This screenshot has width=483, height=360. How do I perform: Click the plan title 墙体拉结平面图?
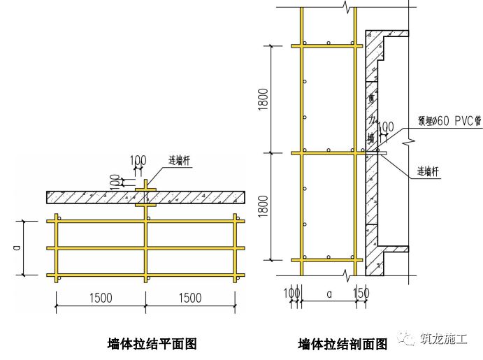click(x=152, y=344)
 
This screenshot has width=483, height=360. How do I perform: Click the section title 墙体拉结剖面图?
click(x=342, y=345)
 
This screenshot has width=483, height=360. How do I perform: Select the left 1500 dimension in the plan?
click(x=101, y=297)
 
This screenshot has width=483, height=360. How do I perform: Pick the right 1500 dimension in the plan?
click(x=191, y=297)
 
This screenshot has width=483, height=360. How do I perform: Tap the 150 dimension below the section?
click(x=362, y=291)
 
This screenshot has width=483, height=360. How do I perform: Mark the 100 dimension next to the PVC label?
click(x=385, y=127)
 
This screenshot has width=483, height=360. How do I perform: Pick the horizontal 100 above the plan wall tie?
click(x=138, y=161)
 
